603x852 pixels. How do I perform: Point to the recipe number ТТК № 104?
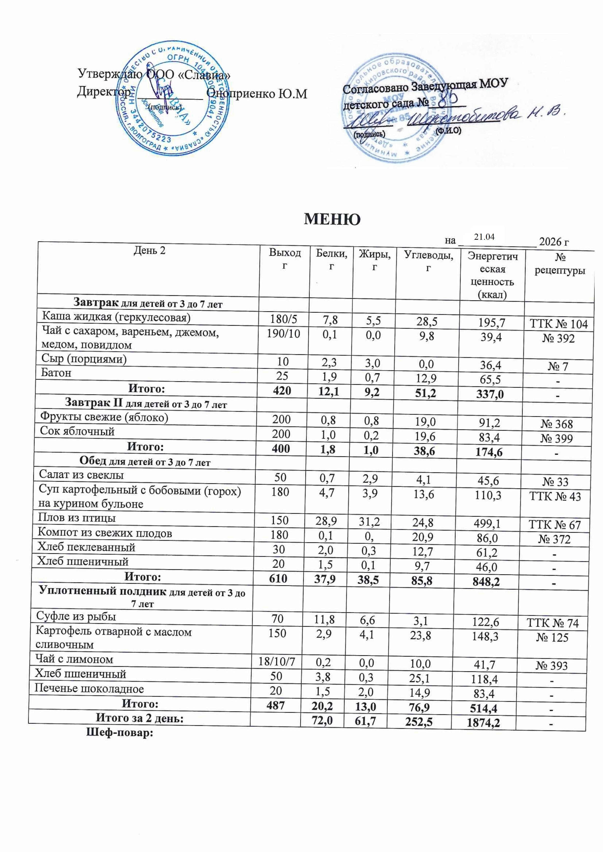(561, 324)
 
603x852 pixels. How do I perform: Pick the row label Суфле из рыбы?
(76, 616)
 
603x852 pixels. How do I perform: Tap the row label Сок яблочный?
(77, 431)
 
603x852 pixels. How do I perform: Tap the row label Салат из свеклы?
(81, 475)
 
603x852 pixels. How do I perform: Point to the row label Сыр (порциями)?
(84, 359)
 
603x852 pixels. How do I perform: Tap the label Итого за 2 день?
(139, 718)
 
